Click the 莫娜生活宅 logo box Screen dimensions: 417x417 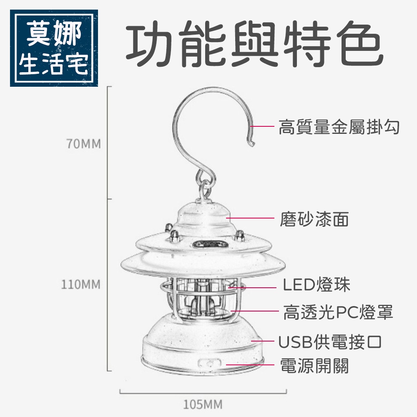[54, 48]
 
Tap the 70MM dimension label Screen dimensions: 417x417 [83, 144]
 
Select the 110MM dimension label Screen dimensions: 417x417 [81, 285]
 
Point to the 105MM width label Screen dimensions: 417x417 [203, 404]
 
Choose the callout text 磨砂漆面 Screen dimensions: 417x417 [314, 219]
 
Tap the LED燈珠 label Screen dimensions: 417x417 [317, 285]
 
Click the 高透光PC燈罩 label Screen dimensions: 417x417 [338, 312]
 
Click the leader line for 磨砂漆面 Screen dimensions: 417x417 [250, 218]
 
